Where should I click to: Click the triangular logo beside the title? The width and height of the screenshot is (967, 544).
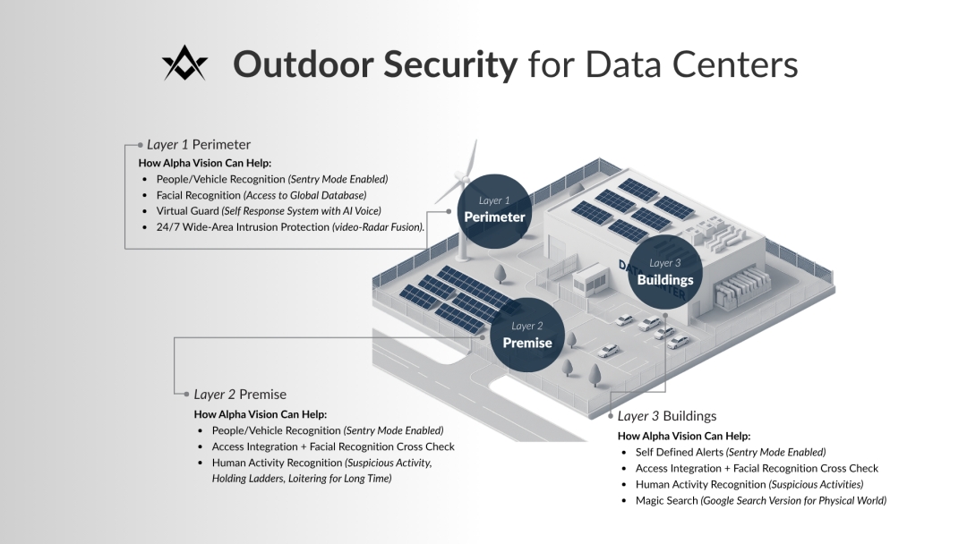point(184,64)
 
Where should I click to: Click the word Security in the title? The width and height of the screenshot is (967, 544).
point(450,64)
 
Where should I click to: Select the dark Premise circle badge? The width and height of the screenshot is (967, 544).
point(527,336)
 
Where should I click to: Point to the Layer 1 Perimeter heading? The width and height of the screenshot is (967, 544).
point(199,144)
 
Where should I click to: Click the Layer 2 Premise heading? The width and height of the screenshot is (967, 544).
point(240,394)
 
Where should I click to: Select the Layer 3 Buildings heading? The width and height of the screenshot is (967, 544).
point(667,416)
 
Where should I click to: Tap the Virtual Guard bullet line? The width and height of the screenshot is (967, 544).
point(268,211)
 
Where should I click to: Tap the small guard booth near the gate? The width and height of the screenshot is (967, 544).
point(592,279)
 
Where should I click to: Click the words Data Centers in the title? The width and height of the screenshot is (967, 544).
point(691,64)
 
